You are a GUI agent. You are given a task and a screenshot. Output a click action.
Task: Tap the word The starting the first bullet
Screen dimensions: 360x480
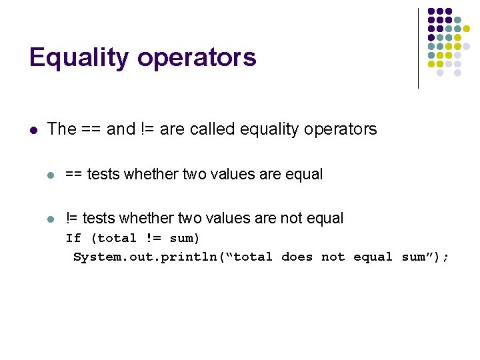(x=62, y=129)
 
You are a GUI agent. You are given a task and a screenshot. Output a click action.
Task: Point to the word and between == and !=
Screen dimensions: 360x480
(x=121, y=129)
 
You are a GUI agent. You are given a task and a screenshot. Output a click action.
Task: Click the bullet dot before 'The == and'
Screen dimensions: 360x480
(x=33, y=129)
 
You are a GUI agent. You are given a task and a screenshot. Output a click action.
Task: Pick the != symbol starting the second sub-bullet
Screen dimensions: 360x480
(x=71, y=218)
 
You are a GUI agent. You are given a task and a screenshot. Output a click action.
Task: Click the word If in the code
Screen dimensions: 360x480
(x=73, y=238)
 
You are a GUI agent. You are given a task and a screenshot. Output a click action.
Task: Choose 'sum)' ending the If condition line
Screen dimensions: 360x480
(x=185, y=238)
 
